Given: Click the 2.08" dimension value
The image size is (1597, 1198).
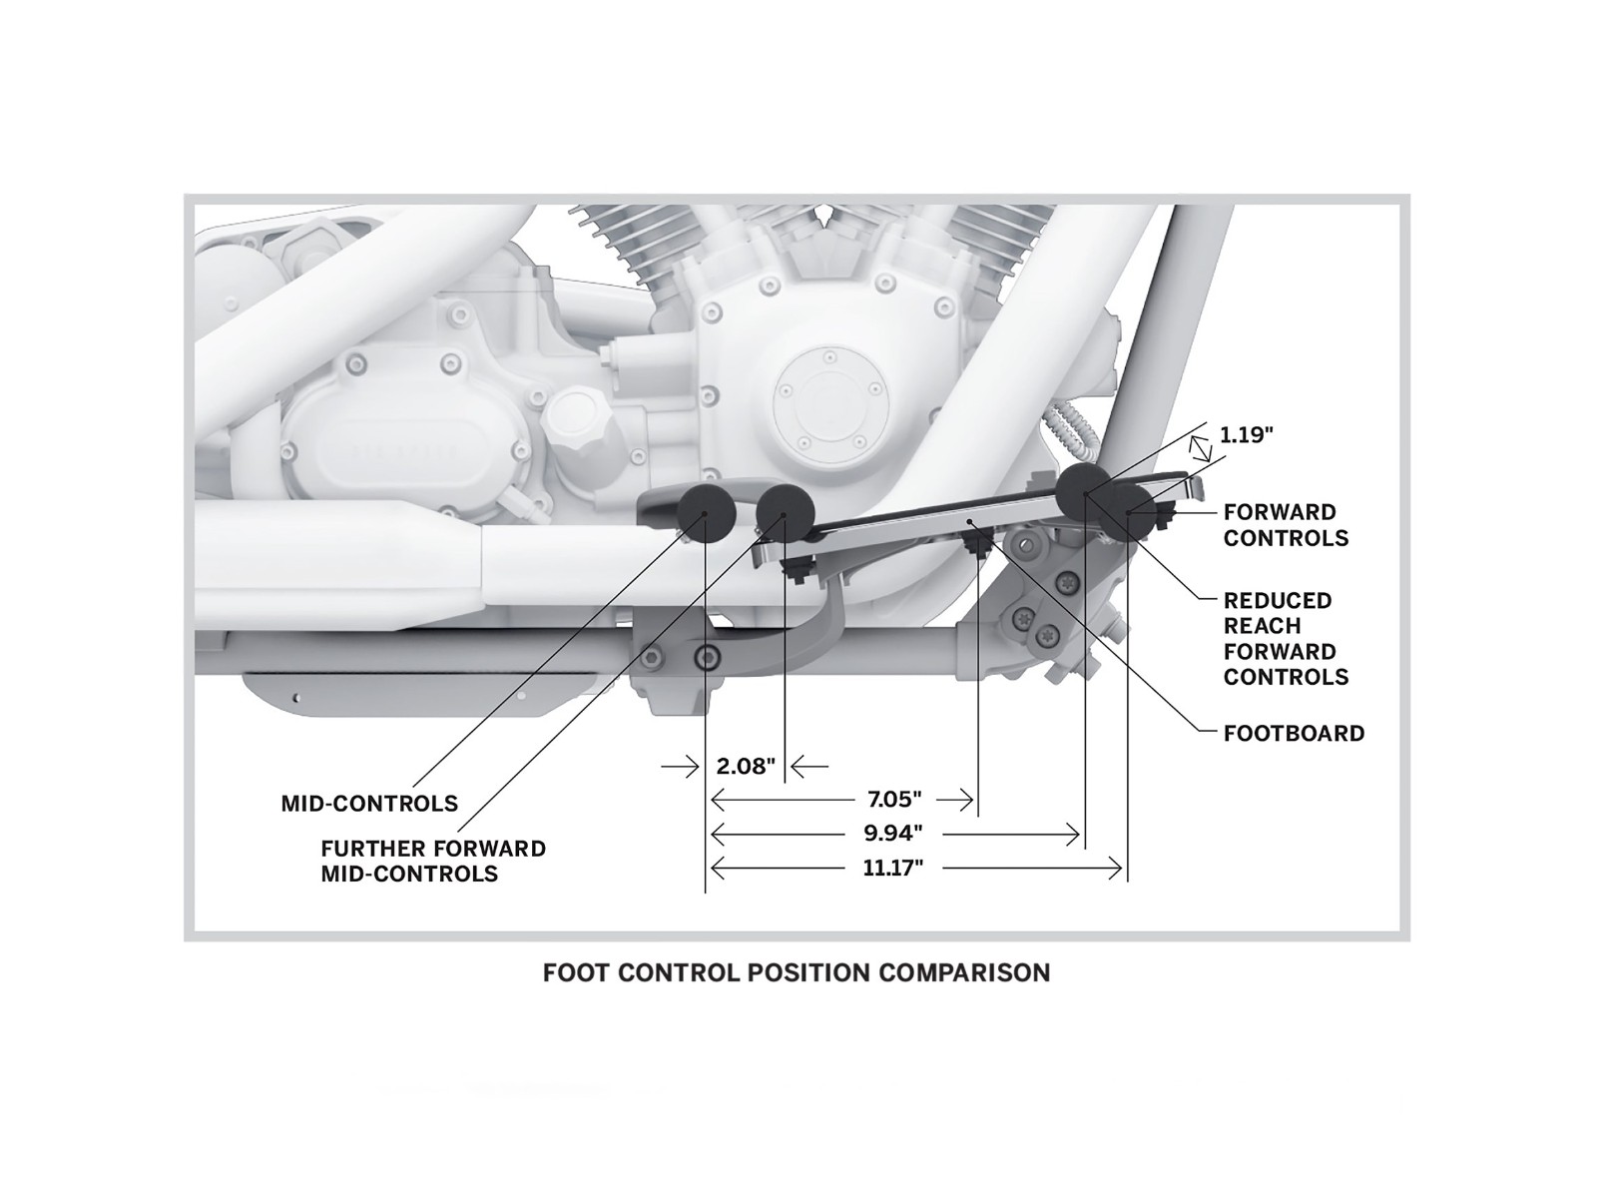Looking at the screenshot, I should pyautogui.click(x=746, y=767).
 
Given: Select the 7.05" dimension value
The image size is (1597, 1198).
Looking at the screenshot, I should pyautogui.click(x=893, y=799).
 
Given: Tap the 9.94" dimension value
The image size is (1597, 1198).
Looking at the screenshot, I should pyautogui.click(x=892, y=833).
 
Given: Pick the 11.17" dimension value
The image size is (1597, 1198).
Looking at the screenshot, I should pyautogui.click(x=892, y=869).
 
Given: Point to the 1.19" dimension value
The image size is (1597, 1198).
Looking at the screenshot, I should pyautogui.click(x=1247, y=435).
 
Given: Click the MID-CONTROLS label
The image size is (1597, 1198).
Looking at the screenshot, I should pyautogui.click(x=369, y=804).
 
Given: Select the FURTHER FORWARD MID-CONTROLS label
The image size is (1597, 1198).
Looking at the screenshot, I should pyautogui.click(x=433, y=862).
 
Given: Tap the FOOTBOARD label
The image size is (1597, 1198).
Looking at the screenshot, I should pyautogui.click(x=1294, y=734).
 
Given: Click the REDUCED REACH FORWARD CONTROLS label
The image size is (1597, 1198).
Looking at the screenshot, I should pyautogui.click(x=1286, y=639).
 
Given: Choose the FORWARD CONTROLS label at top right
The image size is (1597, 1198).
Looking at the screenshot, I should pyautogui.click(x=1286, y=525).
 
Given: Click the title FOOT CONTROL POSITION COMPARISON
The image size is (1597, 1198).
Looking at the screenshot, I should pyautogui.click(x=797, y=972).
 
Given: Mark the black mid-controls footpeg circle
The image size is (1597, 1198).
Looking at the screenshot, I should pyautogui.click(x=706, y=512).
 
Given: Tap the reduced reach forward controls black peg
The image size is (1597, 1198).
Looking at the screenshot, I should pyautogui.click(x=1085, y=487).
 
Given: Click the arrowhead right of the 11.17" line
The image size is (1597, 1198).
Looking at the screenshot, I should pyautogui.click(x=1115, y=869).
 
